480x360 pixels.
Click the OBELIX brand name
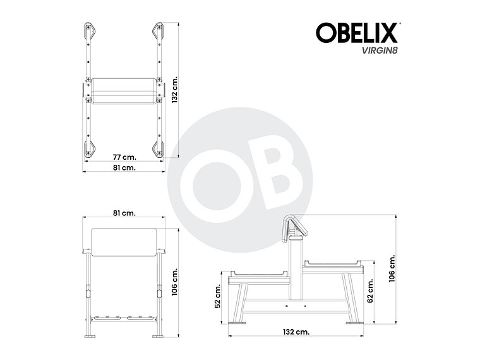[356, 33]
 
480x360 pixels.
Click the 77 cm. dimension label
[124, 157]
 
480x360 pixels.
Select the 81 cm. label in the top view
[124, 168]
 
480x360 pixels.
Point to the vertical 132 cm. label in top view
[175, 90]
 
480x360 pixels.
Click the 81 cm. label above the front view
[124, 213]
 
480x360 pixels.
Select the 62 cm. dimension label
[371, 291]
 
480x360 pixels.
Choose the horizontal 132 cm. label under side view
[296, 331]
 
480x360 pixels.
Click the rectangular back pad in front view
[124, 242]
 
